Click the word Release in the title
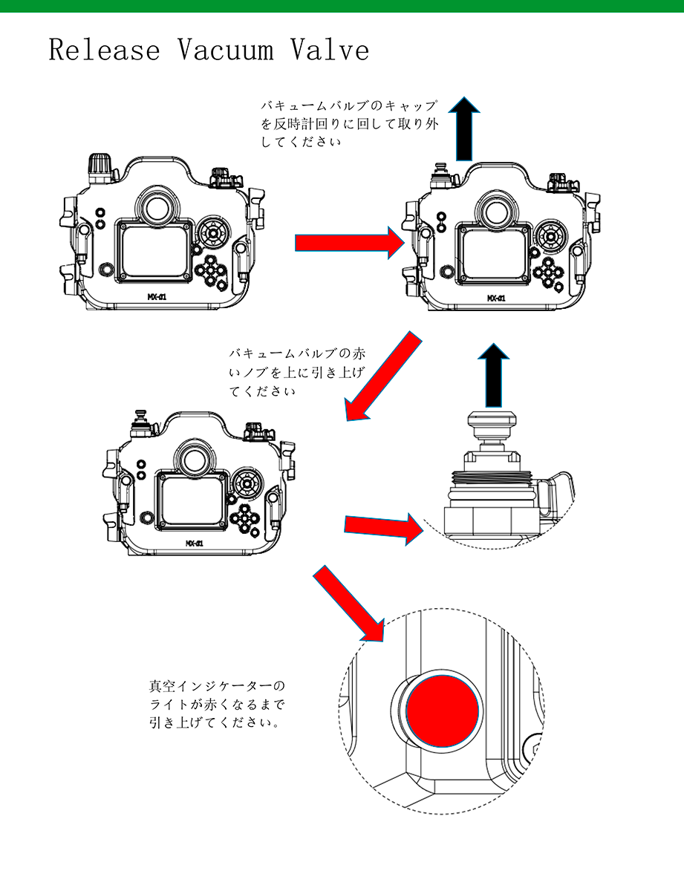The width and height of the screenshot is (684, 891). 104,50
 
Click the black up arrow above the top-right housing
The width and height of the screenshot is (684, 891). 463,129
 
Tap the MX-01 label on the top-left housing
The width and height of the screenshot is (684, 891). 157,296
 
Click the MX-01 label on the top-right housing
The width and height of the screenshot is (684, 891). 496,298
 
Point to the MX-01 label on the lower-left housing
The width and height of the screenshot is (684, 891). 196,544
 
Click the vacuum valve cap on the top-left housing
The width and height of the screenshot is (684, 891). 99,167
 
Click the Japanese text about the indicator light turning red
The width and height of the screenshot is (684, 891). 216,702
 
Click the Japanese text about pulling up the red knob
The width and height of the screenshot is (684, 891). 296,371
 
